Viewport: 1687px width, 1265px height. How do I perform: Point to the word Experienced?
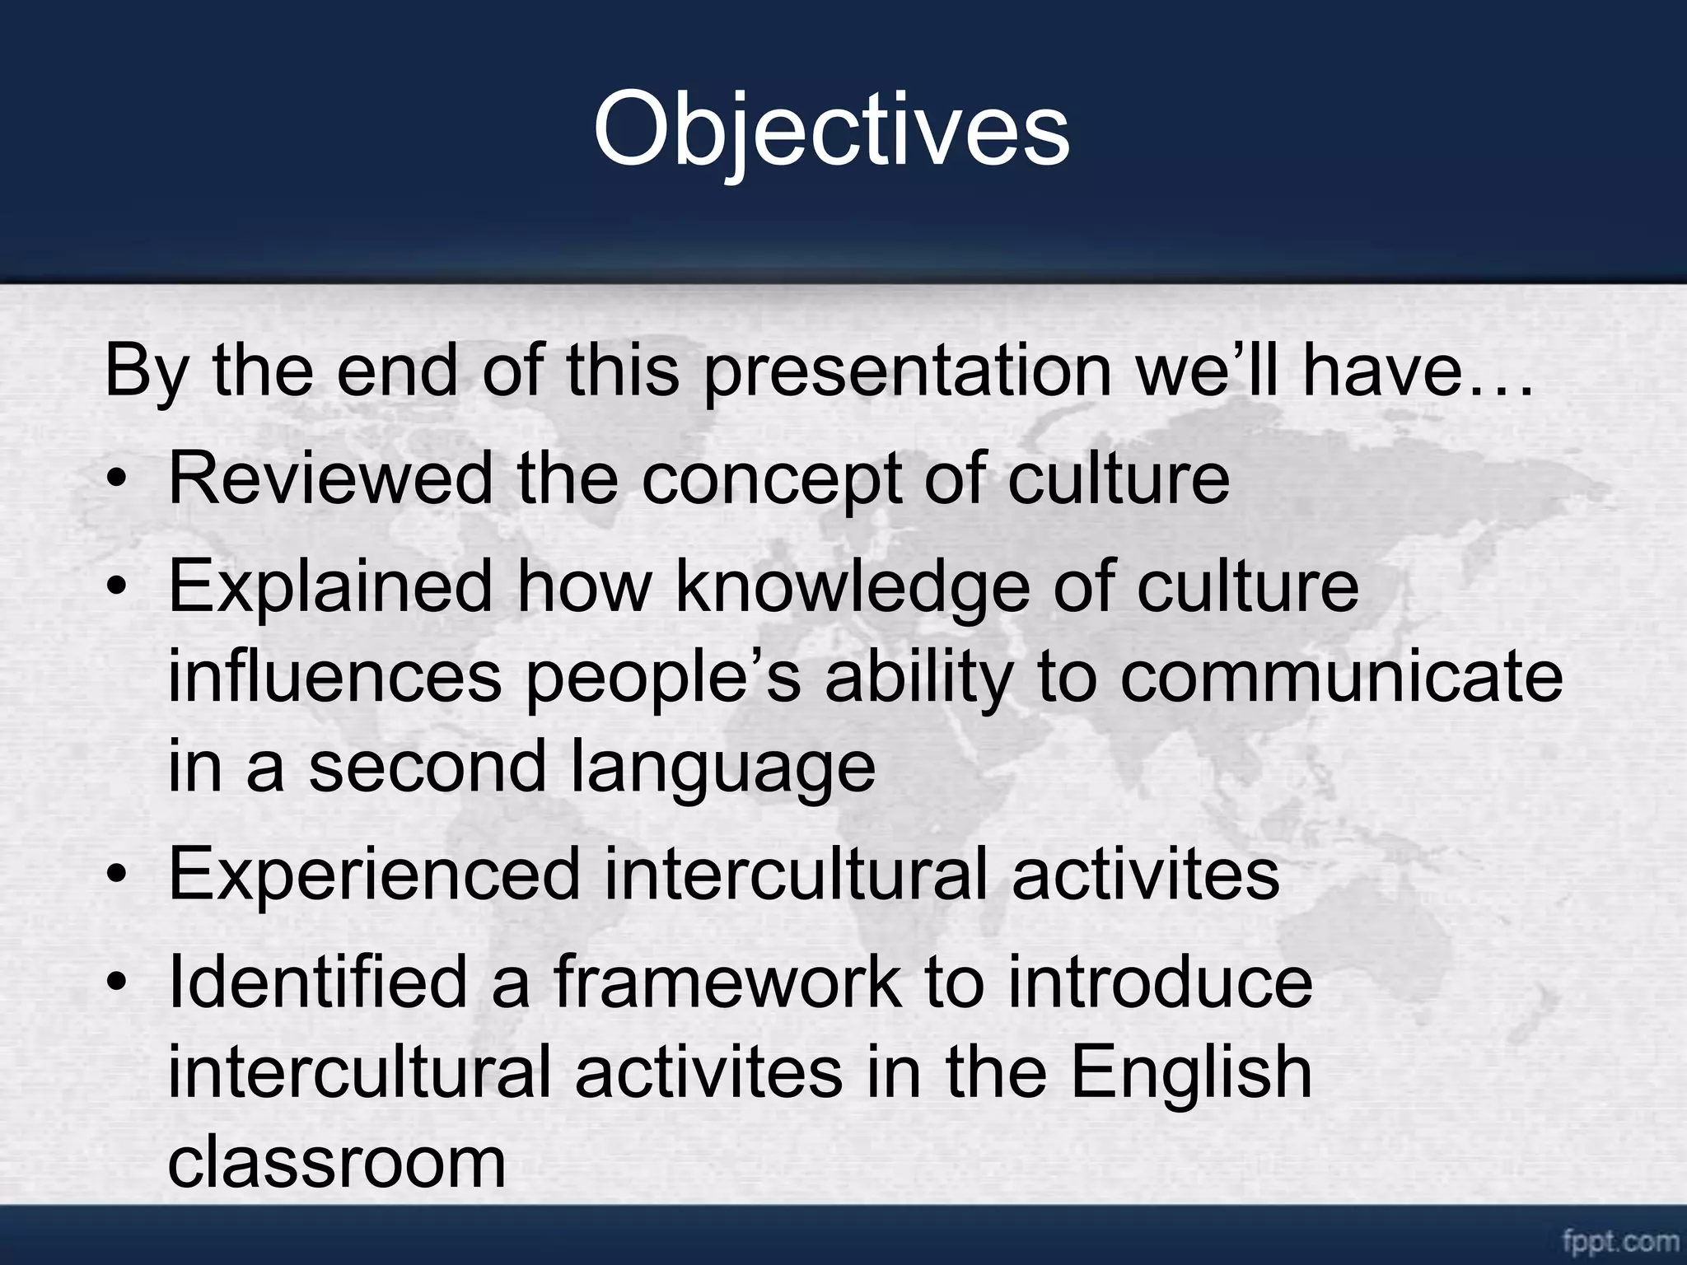[374, 874]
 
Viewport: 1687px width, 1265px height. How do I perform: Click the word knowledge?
[853, 586]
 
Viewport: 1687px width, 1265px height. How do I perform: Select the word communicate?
[1340, 676]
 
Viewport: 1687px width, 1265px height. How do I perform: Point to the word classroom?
[336, 1162]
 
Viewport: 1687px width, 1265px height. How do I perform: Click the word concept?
[770, 480]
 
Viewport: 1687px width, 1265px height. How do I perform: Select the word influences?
[334, 676]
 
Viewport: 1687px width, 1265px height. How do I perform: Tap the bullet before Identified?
[120, 983]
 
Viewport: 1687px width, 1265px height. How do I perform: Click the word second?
[428, 767]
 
